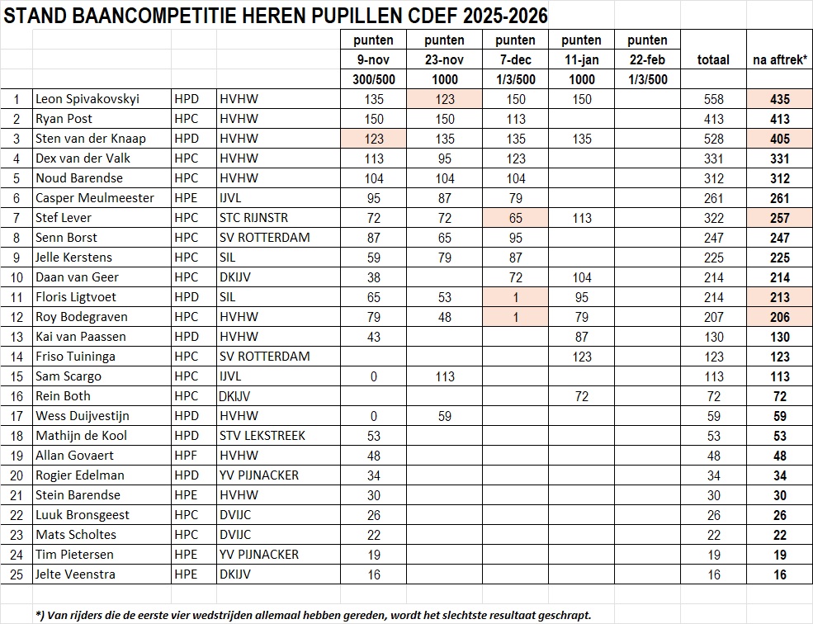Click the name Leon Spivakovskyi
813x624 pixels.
[x=87, y=99]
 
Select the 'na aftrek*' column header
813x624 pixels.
[x=779, y=59]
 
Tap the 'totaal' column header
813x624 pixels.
[x=713, y=59]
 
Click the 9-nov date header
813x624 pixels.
[x=373, y=59]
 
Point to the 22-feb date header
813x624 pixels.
[x=647, y=59]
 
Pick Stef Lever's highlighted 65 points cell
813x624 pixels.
[x=516, y=218]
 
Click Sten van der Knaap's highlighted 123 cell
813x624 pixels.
[x=373, y=139]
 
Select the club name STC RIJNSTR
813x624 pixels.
[x=254, y=218]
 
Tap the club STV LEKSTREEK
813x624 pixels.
[x=262, y=436]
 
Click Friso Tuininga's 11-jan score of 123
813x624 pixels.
[x=582, y=357]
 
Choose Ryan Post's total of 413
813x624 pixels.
[x=713, y=119]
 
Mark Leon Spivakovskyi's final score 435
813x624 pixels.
[x=779, y=99]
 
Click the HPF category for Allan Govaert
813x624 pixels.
[x=187, y=456]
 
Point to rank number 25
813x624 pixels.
[x=16, y=574]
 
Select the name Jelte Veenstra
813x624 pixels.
[x=75, y=574]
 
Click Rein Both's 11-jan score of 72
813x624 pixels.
[x=582, y=396]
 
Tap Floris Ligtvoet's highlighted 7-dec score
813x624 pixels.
[x=516, y=297]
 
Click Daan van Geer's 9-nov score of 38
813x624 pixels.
[x=373, y=277]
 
